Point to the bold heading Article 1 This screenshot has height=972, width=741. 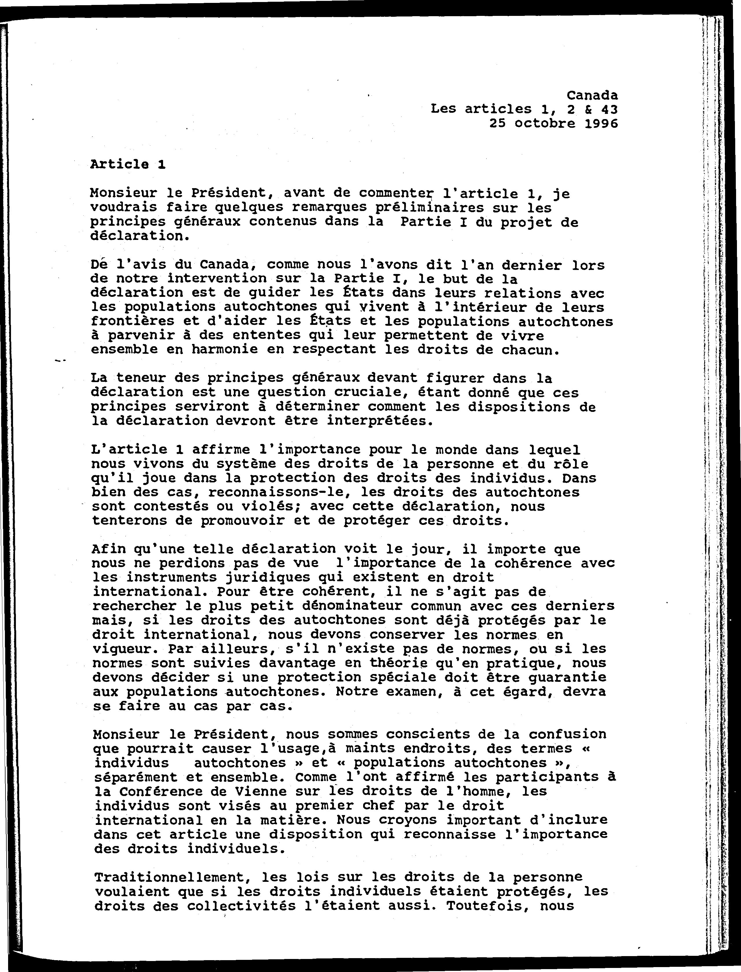(127, 164)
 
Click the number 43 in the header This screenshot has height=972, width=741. (609, 109)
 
